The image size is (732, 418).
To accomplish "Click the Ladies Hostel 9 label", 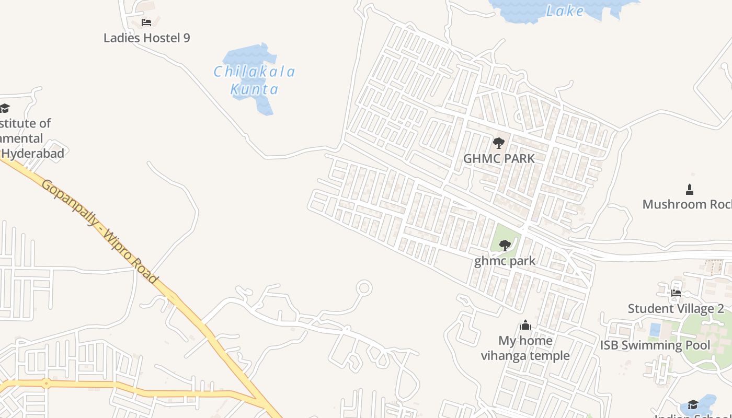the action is pos(146,38).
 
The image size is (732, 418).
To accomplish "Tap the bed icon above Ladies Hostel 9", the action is pos(146,22).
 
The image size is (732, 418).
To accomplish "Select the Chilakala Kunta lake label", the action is pos(255,80).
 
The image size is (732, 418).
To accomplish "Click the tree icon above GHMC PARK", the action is pos(499,143).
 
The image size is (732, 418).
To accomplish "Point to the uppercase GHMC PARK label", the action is pos(499,158).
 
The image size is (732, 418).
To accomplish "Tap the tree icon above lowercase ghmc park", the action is pos(505,245).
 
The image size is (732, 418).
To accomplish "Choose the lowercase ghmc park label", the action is pos(505,261).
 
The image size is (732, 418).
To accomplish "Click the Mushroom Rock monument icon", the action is pos(690,189).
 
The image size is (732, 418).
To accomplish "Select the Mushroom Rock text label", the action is pos(687,204).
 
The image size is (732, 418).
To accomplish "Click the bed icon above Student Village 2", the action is pos(676,293).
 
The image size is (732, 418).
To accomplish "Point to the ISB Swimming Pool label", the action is pos(655,345).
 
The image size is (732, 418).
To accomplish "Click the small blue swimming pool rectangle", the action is pos(655,330).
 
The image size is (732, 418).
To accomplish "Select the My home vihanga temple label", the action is pos(525,348).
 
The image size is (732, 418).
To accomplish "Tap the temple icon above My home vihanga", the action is pos(525,326).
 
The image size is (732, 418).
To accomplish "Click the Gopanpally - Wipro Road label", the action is pos(99,231).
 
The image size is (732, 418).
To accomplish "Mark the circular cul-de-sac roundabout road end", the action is pos(364,288).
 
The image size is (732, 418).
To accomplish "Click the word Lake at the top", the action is pos(565,11).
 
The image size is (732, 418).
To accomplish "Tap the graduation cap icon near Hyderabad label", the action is pos(5,108).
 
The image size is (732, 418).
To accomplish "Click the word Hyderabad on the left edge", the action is pos(32,154).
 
